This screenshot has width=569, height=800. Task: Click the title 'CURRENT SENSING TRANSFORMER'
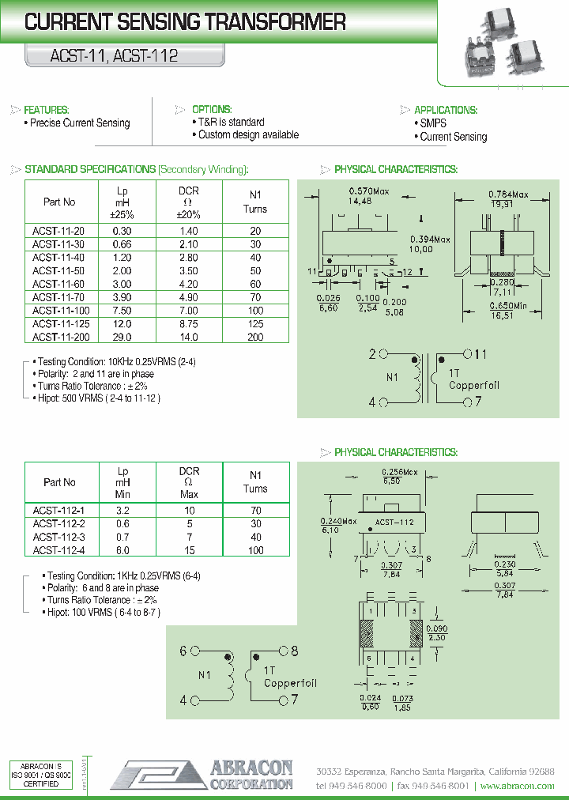[x=185, y=22]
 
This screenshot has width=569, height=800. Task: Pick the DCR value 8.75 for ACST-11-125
[x=189, y=324]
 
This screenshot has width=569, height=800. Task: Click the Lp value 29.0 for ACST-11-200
[x=122, y=338]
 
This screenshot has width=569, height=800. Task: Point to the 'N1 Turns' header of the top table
[x=254, y=202]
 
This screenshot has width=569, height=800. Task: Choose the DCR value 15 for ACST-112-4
[x=189, y=550]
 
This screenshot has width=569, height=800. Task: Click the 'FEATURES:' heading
[x=47, y=110]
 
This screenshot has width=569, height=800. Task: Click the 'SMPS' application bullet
[x=433, y=123]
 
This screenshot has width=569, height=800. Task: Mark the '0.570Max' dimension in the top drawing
[x=369, y=191]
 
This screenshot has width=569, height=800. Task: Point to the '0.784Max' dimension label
[x=508, y=194]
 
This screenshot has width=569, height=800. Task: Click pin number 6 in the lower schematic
[x=183, y=651]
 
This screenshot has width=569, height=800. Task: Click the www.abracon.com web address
[x=517, y=786]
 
